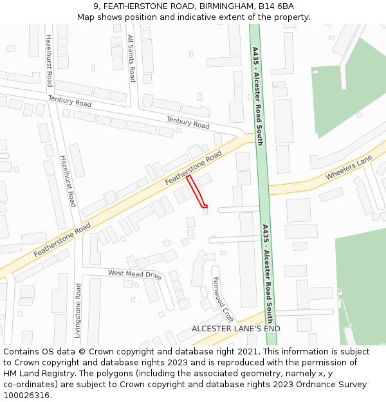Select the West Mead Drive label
coord(134,275)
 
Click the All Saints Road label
coord(131,58)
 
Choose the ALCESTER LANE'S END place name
coord(236,329)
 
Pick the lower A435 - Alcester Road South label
coord(267,273)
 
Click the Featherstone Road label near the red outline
coord(193,168)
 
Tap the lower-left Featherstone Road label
coord(62,241)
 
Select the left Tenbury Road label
coord(69,101)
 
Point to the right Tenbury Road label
coord(188,122)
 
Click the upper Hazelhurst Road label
coord(49,60)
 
